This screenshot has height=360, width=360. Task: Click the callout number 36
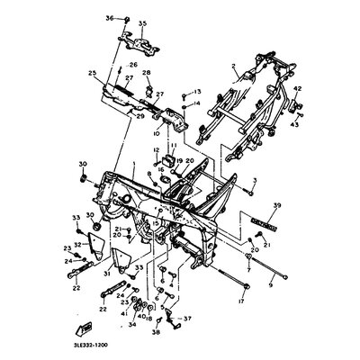point(109,18)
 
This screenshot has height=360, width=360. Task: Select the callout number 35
point(141,22)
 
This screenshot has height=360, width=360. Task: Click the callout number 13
point(198,91)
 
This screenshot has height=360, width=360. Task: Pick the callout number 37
point(187,319)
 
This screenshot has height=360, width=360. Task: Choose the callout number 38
point(157,332)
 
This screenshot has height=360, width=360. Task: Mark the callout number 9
point(269,284)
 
